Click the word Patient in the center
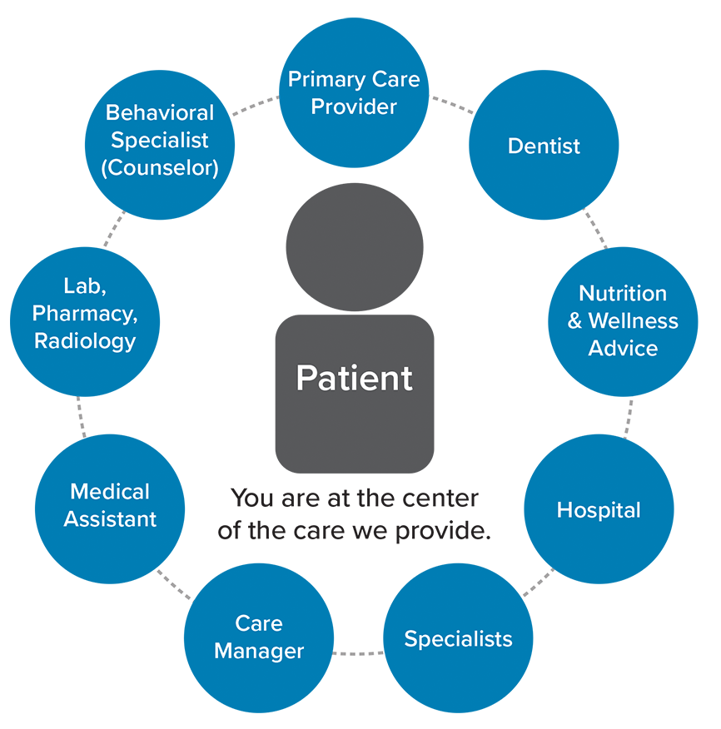coord(354,379)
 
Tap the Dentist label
coord(544,146)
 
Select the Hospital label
coord(599,509)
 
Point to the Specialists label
coord(458,639)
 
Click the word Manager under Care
coord(259,651)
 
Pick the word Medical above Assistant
coord(110,492)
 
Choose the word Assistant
coord(110,519)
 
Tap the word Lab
coord(83,286)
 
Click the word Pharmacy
coord(83,314)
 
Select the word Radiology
coord(84,341)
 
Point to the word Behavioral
coord(160,112)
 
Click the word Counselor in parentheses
coord(160,167)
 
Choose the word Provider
coord(354,107)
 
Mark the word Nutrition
coord(623,294)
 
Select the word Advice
coord(623,348)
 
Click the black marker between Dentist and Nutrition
coord(599,226)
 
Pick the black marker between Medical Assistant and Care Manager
coord(174,584)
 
